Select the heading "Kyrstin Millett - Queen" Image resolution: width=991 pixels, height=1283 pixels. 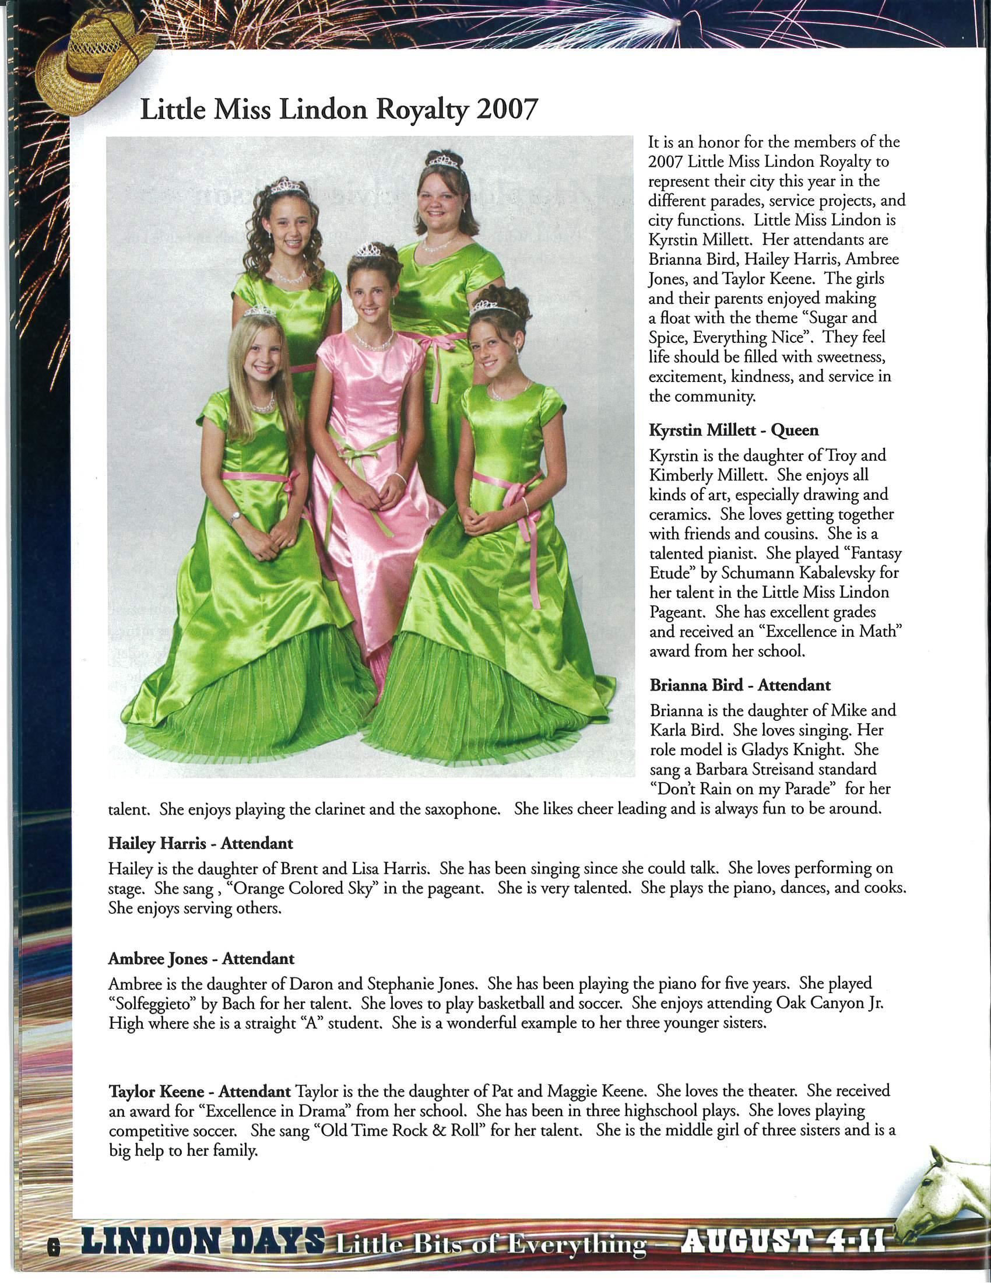click(733, 430)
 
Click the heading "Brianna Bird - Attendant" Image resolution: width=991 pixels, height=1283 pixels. click(740, 685)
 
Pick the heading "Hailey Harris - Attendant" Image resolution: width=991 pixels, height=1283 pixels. click(200, 844)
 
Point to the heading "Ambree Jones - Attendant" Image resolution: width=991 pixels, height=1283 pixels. click(201, 959)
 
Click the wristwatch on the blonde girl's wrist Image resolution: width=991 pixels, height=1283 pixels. click(236, 517)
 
